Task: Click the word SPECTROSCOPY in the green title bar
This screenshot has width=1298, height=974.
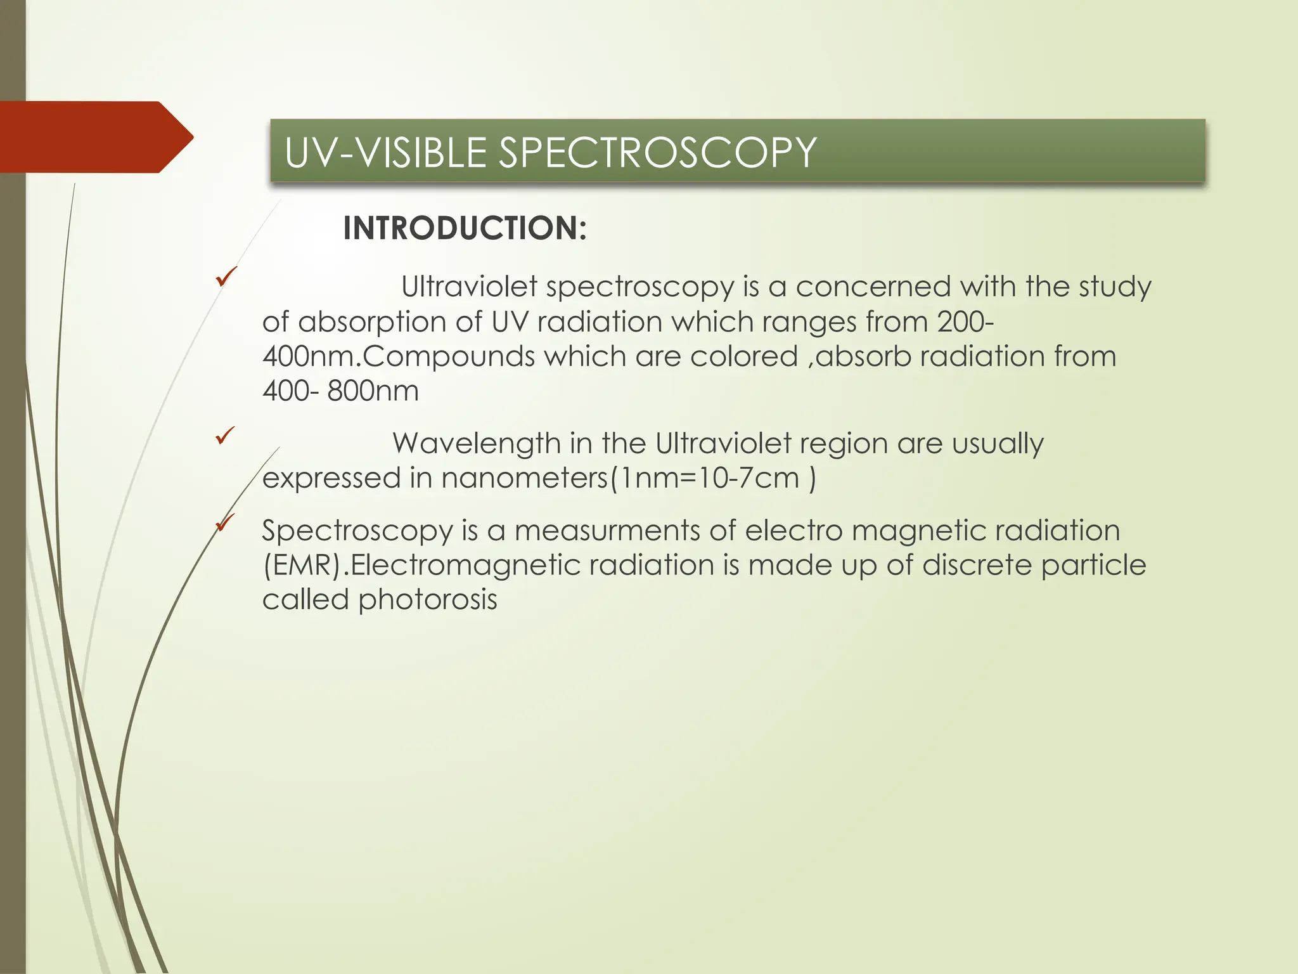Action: (657, 153)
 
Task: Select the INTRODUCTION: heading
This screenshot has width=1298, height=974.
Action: (465, 228)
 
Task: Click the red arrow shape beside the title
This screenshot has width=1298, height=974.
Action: (95, 137)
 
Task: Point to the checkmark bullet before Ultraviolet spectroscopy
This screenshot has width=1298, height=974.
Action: (226, 276)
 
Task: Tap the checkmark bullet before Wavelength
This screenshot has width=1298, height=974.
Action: (226, 436)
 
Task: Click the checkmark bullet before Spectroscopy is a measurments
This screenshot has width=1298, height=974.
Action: (226, 523)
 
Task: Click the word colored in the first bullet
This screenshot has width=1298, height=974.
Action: (743, 356)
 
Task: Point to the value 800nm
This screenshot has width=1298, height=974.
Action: (373, 391)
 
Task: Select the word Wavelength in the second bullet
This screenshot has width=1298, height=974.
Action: (477, 443)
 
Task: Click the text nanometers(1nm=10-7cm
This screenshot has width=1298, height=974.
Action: (620, 478)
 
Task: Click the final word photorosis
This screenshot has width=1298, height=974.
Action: (428, 600)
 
